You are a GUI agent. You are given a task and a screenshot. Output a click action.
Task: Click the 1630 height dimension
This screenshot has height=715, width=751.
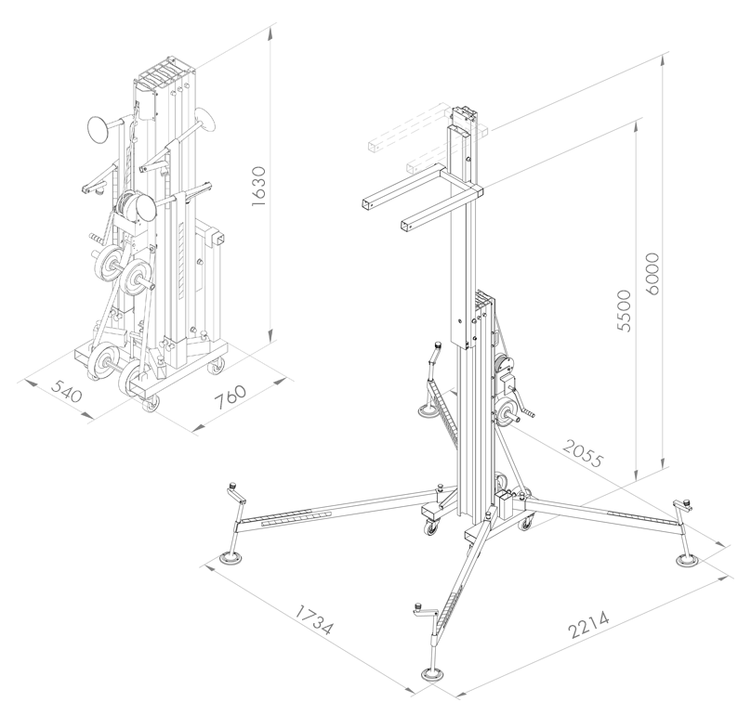point(260,188)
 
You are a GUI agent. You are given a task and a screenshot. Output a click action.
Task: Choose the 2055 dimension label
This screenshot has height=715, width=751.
point(584,455)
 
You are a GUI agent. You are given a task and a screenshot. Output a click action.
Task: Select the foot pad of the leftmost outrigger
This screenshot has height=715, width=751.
point(230,559)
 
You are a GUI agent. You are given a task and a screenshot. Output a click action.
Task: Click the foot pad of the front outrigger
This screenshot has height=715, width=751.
point(432,675)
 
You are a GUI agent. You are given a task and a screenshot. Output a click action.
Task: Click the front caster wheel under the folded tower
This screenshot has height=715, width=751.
point(150,402)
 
